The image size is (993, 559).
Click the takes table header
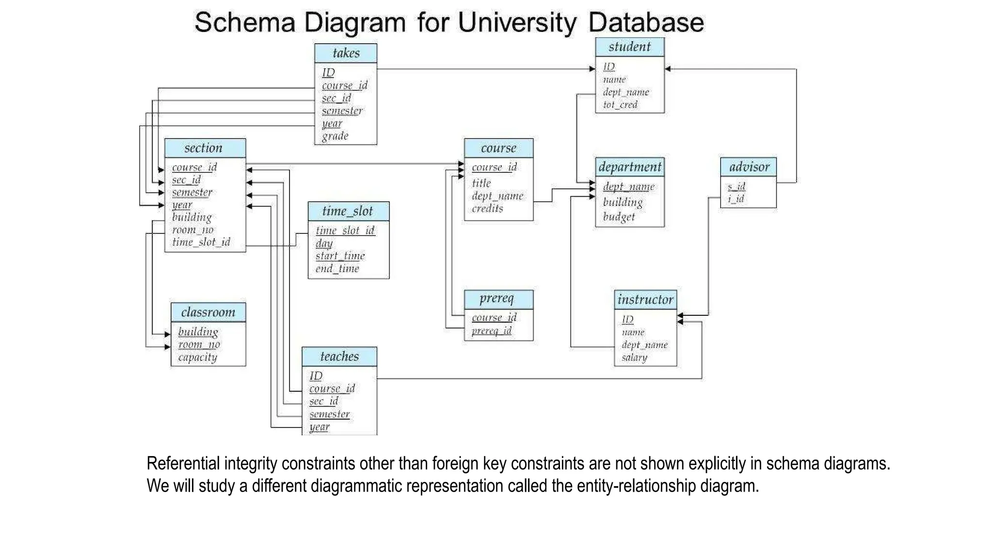346,53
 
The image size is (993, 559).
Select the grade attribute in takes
335,136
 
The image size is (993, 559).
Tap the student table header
629,47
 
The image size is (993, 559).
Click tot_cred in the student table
620,105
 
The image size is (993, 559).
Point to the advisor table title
749,167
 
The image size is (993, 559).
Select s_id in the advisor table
737,186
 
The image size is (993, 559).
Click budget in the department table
619,217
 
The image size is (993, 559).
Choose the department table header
629,167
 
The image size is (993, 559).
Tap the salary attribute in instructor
634,358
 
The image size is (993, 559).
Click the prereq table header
498,299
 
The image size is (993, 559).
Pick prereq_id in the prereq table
491,330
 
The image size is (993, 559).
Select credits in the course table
487,209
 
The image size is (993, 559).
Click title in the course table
481,183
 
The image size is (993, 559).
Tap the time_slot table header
348,211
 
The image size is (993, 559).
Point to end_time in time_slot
337,269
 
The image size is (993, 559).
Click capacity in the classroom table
197,358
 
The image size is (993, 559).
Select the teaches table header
339,357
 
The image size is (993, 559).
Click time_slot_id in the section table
201,242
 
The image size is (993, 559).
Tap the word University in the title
517,23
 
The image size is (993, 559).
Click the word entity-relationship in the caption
636,486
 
